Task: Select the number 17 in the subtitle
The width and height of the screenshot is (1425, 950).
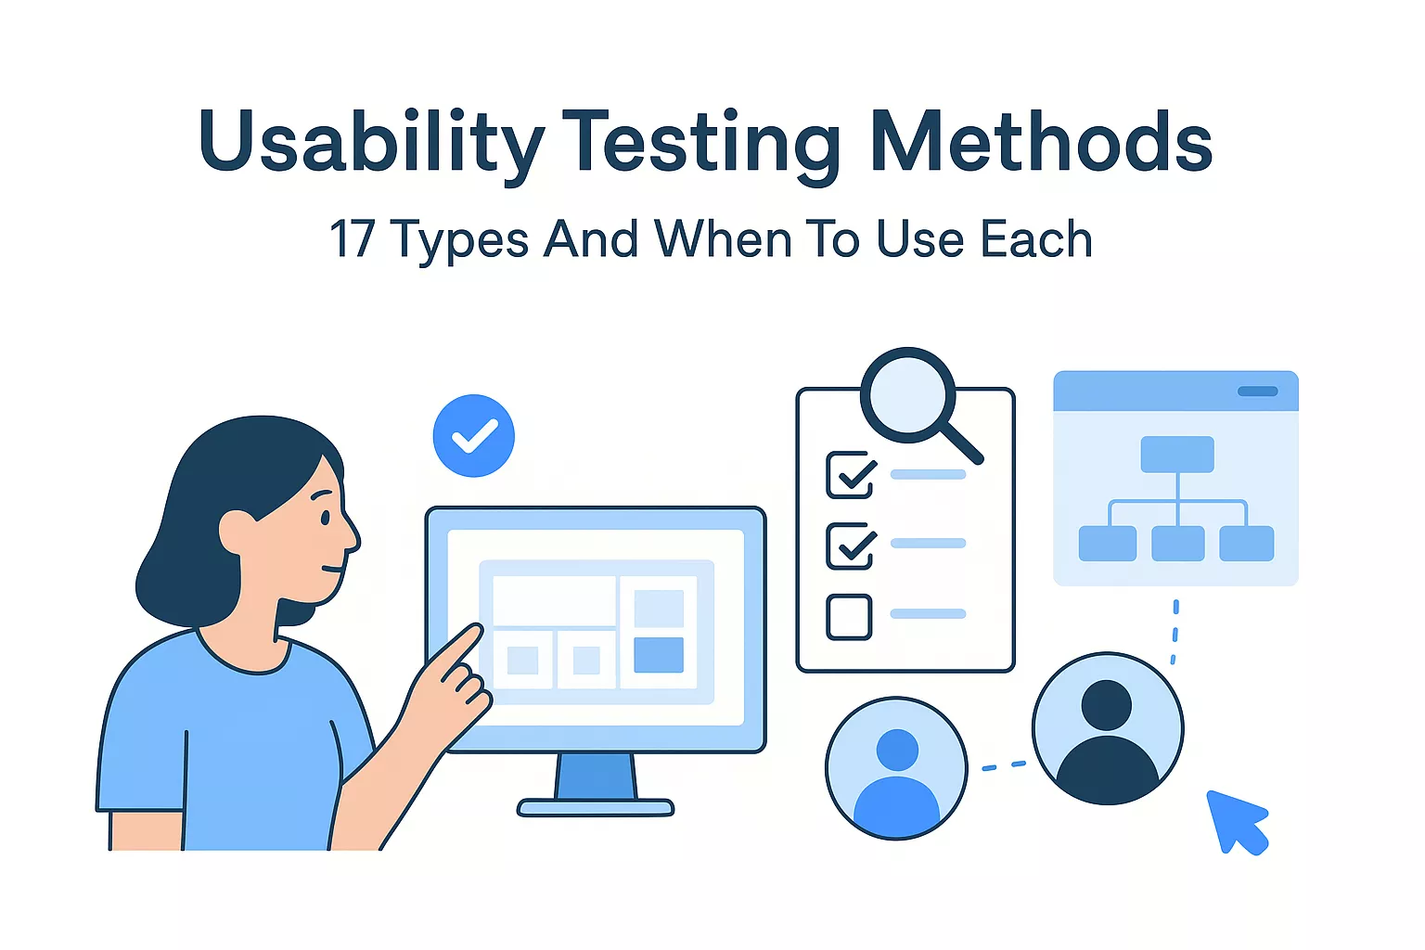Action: (352, 239)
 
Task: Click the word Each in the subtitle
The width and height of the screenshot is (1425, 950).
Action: (1036, 239)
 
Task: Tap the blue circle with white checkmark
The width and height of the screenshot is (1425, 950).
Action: (473, 436)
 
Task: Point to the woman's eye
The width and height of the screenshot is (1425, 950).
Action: (325, 518)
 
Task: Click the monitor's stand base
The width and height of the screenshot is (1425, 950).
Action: (596, 808)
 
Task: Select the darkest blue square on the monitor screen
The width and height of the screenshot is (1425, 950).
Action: (659, 655)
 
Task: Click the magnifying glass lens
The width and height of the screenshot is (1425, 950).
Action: (907, 395)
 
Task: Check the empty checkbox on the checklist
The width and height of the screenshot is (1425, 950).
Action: (849, 617)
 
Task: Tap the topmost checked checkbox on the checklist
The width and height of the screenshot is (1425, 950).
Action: (850, 474)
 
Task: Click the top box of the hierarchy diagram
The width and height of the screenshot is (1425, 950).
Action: (1176, 455)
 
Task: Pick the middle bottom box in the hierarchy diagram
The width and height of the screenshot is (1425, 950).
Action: (1177, 544)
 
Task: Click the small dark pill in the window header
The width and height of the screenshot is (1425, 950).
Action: (1257, 392)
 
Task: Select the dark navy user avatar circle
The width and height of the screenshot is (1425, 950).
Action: (1108, 728)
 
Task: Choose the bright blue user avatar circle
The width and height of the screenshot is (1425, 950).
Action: (896, 768)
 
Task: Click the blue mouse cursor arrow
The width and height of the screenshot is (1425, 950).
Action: (1236, 820)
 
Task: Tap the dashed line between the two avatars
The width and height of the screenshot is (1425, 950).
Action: (1004, 765)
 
